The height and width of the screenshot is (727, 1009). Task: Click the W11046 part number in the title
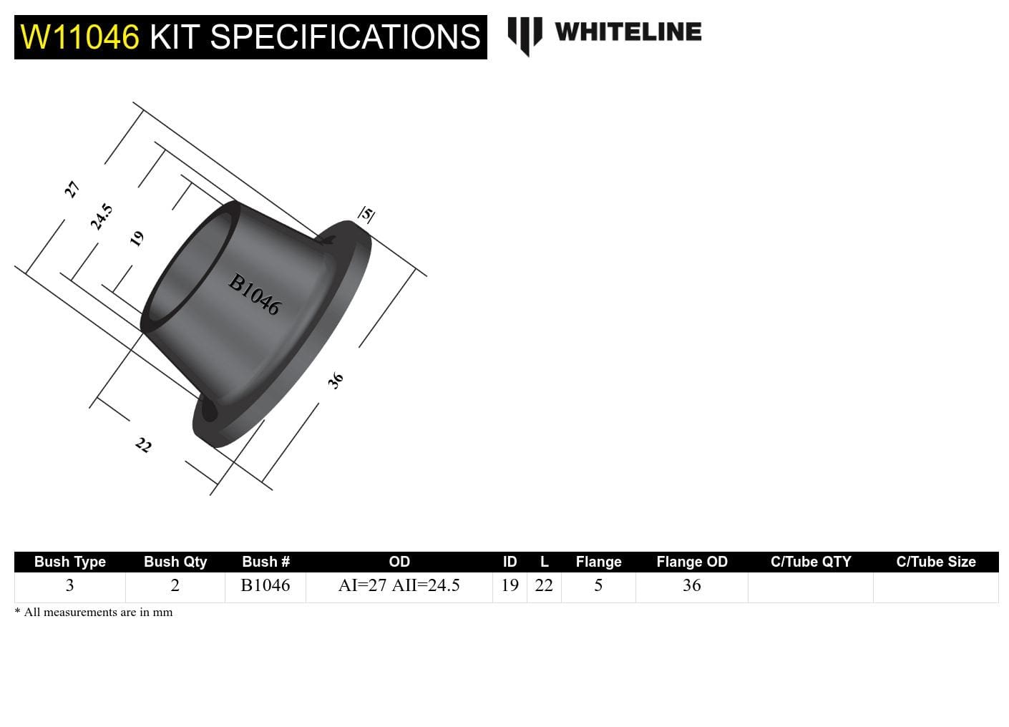pos(79,37)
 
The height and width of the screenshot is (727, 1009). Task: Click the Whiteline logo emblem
pos(525,35)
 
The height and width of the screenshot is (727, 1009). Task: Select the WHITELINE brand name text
pos(628,32)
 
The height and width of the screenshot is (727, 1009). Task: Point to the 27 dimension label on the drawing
pos(72,190)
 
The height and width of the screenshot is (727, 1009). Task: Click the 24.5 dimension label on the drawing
pos(101,216)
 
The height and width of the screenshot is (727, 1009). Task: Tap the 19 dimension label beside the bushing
pos(137,238)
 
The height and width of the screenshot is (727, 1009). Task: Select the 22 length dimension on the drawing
pos(143,445)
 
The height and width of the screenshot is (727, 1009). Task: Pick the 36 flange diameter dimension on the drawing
pos(335,380)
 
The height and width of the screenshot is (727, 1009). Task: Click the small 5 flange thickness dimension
pos(366,213)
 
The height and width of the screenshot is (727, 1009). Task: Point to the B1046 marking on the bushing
pos(254,294)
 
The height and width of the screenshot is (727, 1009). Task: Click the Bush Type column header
pos(70,562)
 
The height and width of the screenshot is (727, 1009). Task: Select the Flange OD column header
pos(691,562)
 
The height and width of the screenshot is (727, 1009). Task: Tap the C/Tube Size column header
pos(935,562)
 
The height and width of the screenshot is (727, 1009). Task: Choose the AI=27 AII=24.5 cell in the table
pos(399,585)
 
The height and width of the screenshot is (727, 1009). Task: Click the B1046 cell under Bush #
pos(265,585)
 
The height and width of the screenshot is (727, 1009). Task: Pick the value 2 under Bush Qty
pos(175,585)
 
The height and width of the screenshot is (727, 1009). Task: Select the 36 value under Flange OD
pos(691,585)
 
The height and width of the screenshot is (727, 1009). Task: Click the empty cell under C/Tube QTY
pos(810,587)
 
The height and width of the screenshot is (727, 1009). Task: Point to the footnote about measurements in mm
pos(94,613)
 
